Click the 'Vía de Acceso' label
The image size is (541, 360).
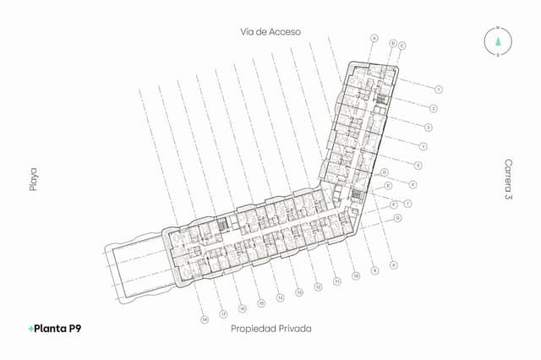pyautogui.click(x=270, y=31)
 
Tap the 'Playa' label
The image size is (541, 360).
pyautogui.click(x=34, y=179)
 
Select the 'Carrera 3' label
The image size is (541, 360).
pyautogui.click(x=508, y=179)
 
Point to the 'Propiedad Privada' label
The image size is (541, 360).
pyautogui.click(x=270, y=328)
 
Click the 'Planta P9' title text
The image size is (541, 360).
pyautogui.click(x=58, y=328)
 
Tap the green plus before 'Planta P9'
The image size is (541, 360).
pyautogui.click(x=30, y=328)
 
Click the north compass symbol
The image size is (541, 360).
pyautogui.click(x=498, y=41)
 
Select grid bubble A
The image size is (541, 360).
pyautogui.click(x=374, y=37)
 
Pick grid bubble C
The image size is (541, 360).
pyautogui.click(x=402, y=45)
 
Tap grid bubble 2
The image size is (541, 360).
pyautogui.click(x=433, y=108)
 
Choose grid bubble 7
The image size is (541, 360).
pyautogui.click(x=407, y=204)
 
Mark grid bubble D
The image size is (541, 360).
pyautogui.click(x=385, y=172)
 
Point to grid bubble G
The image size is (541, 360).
pyautogui.click(x=397, y=217)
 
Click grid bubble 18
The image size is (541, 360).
pyautogui.click(x=204, y=319)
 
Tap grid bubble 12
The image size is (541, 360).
pyautogui.click(x=318, y=287)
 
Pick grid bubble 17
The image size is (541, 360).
pyautogui.click(x=222, y=314)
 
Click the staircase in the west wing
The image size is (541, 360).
pyautogui.click(x=223, y=224)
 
